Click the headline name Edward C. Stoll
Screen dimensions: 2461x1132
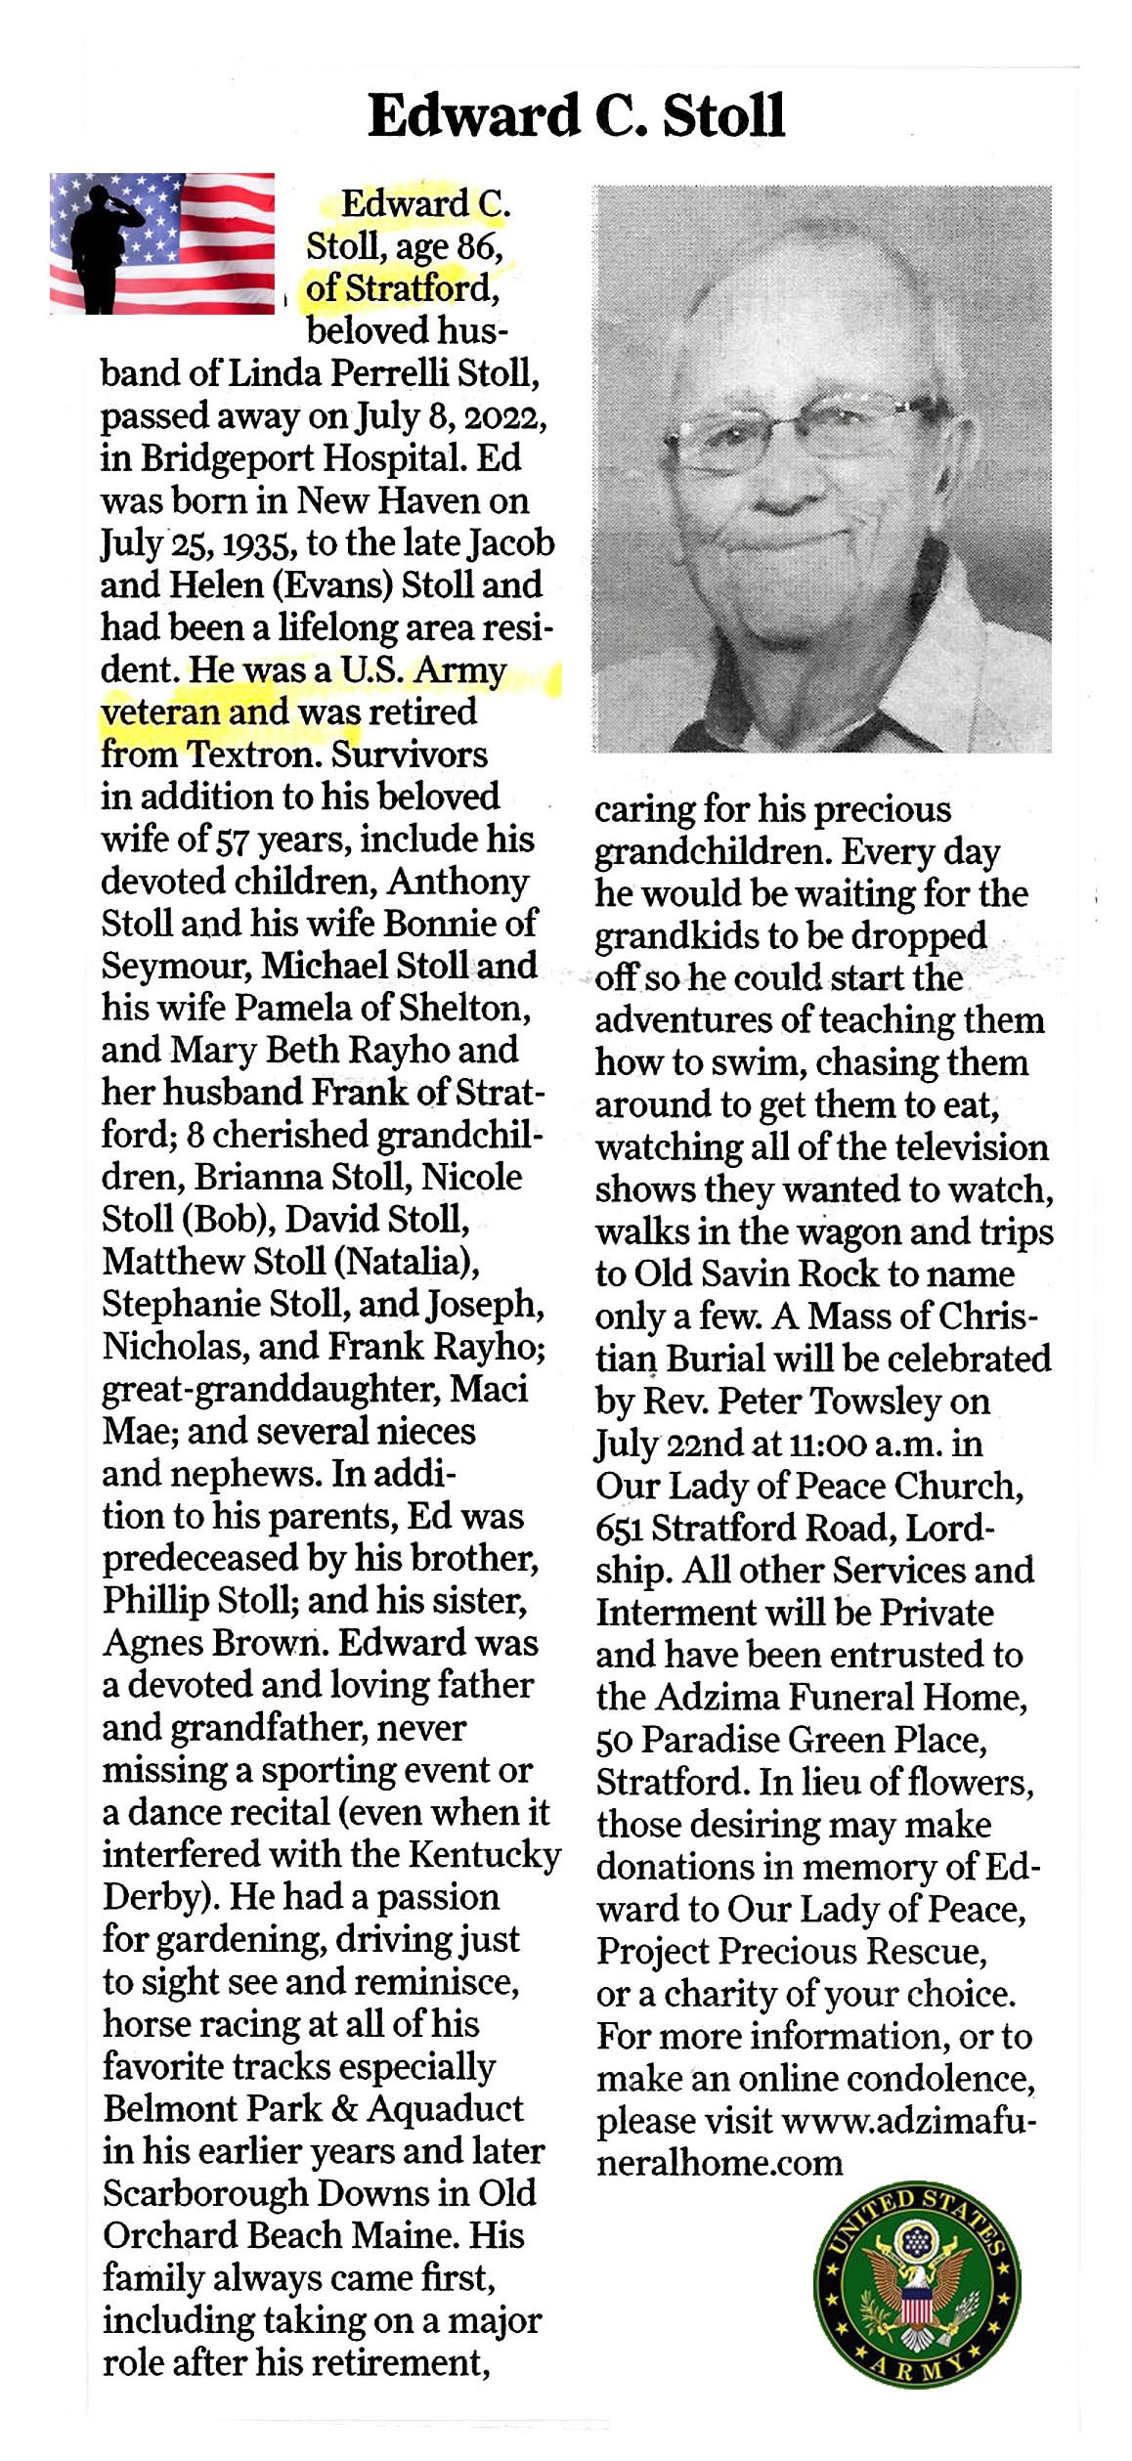[x=576, y=116]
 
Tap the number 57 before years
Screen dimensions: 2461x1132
[x=231, y=840]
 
